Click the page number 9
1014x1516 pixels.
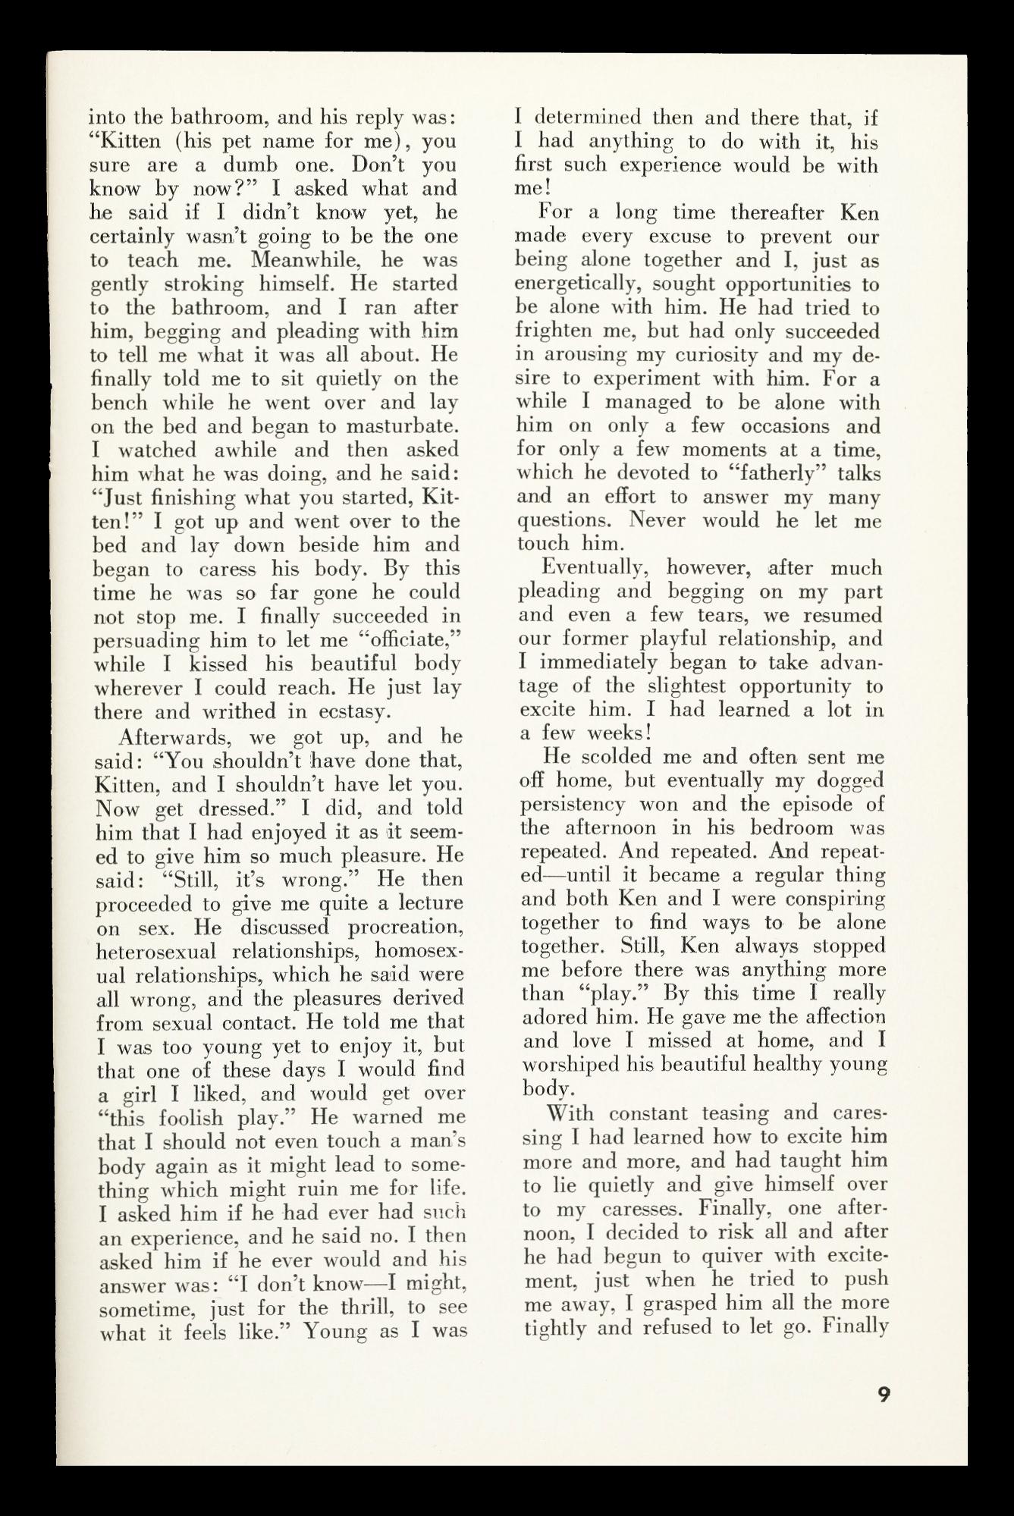(x=883, y=1394)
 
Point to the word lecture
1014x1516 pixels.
(x=425, y=903)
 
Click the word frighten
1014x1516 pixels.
(x=556, y=331)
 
